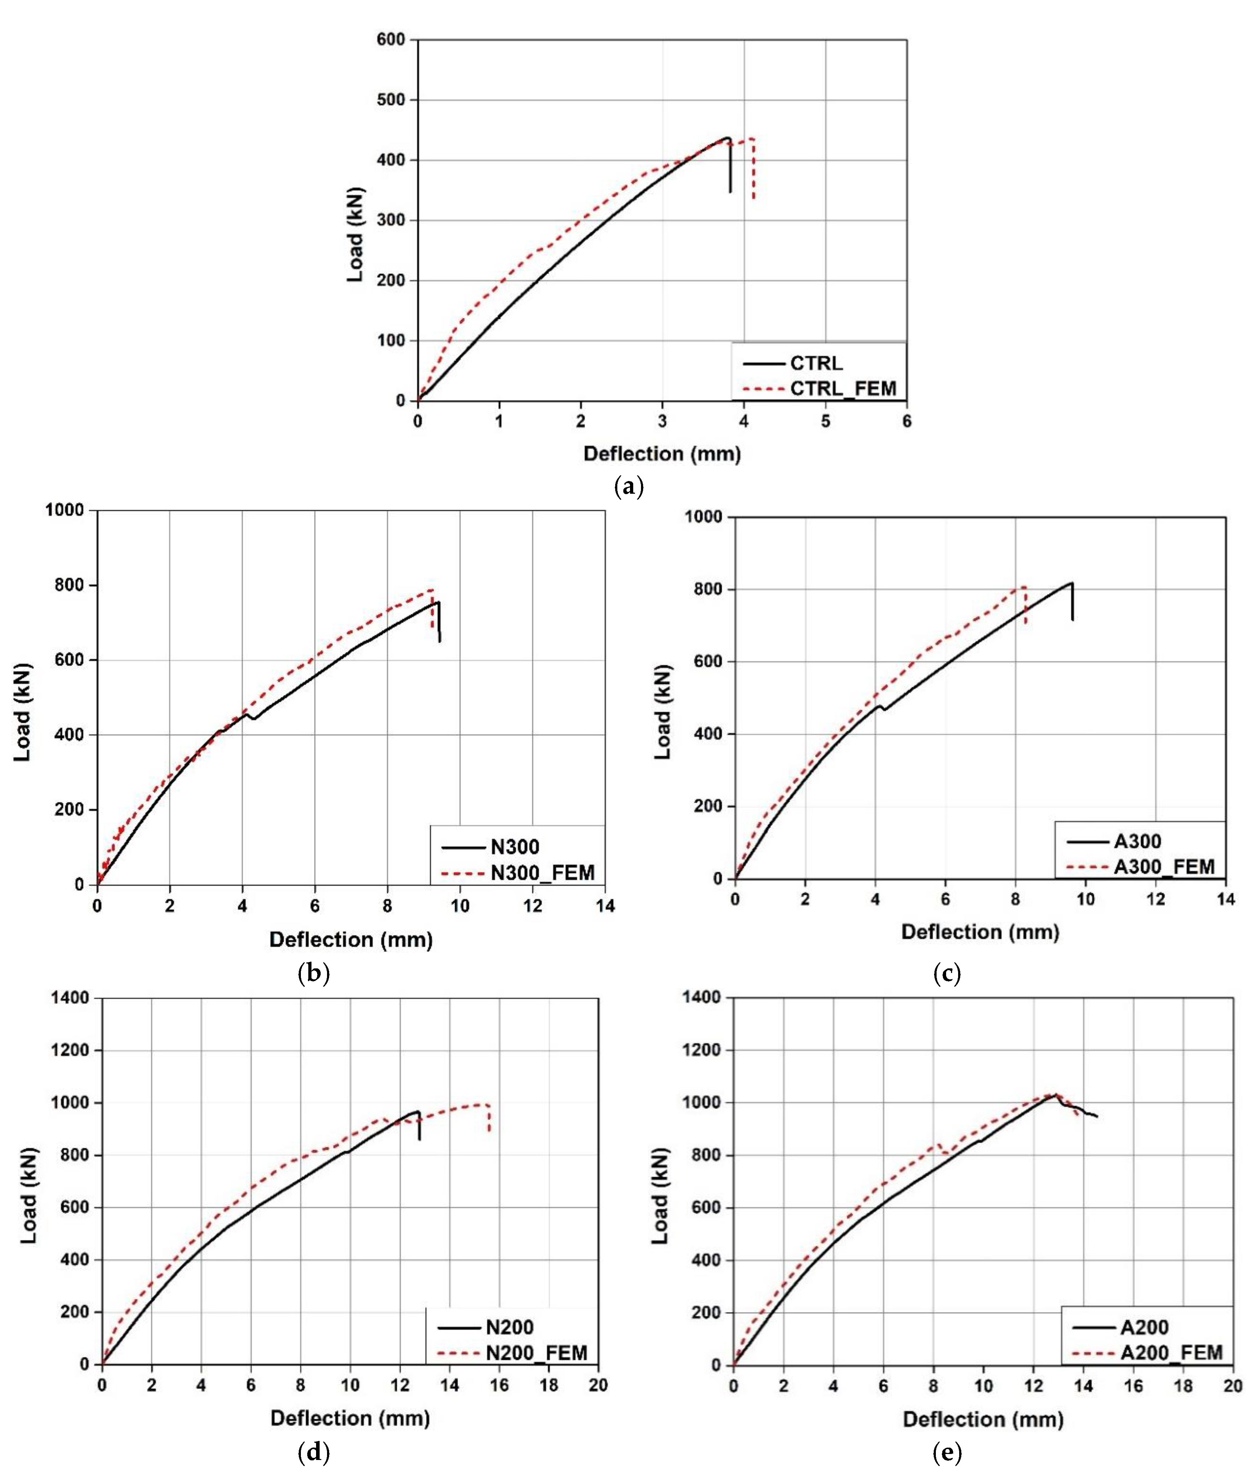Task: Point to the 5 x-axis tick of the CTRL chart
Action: pos(826,421)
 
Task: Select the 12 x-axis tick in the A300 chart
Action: pos(1156,900)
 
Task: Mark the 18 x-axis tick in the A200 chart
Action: pos(1183,1386)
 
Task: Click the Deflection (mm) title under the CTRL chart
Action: pos(662,454)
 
